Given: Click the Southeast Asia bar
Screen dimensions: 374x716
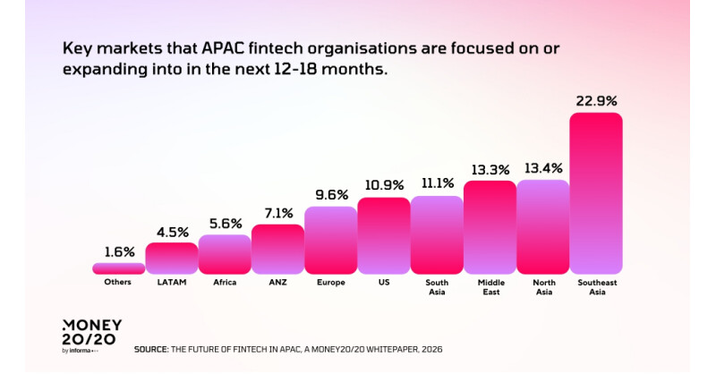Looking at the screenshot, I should click(596, 192).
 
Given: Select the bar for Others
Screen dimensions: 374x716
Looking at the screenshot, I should click(118, 268).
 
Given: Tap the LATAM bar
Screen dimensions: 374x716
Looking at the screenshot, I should click(171, 258).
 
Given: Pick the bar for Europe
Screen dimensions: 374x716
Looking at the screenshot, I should click(330, 240).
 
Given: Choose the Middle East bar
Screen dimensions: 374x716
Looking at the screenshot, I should click(490, 227).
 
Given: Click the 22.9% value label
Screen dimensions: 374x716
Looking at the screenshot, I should click(596, 99).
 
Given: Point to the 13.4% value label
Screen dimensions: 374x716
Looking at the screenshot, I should click(543, 166).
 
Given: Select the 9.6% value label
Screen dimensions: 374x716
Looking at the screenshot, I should click(330, 193).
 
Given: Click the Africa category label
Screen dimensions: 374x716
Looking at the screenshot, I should click(225, 282).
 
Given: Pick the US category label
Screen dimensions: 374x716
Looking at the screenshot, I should click(384, 282).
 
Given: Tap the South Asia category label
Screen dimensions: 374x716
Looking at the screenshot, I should click(437, 286).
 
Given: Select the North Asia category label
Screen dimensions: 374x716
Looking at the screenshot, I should click(543, 286).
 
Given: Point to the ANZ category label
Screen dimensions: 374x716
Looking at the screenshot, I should click(277, 282).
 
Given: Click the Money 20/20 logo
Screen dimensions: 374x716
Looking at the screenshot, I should click(91, 335).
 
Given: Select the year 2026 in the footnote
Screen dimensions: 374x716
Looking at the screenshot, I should click(430, 349).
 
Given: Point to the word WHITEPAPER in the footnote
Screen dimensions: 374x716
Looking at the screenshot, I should click(387, 349).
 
